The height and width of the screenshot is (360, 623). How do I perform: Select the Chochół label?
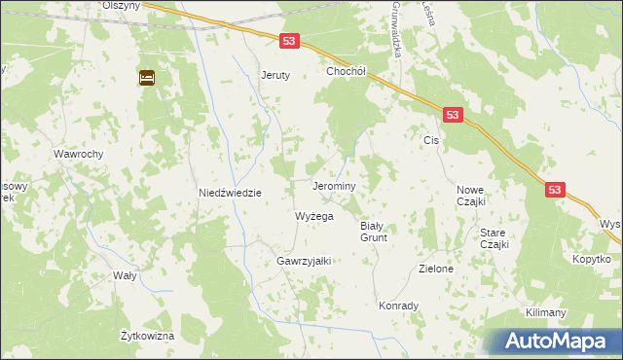point(345,71)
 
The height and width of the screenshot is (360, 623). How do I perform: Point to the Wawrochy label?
point(79,154)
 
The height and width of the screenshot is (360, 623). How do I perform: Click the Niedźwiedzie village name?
point(231,193)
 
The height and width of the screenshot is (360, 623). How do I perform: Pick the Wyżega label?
point(314,216)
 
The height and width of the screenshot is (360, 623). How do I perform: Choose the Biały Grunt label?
point(375,231)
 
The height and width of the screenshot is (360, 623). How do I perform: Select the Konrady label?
point(398,306)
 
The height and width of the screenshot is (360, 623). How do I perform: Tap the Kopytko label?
point(591,259)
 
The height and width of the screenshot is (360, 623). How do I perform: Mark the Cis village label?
point(432,140)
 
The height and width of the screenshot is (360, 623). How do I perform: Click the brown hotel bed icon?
point(147,78)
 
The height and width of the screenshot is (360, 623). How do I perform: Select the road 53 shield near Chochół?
point(289,42)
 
